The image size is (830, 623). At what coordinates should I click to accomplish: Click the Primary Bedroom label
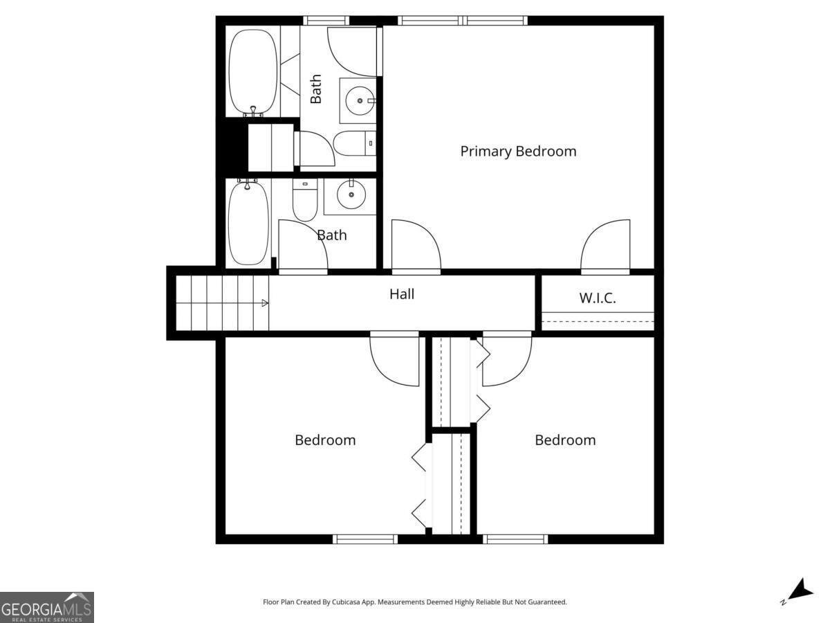518,152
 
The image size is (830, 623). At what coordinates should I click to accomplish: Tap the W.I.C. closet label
598,298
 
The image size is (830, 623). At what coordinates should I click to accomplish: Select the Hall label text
402,294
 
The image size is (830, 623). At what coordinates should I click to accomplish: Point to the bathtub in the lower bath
248,223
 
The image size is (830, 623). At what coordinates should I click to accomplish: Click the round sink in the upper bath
360,100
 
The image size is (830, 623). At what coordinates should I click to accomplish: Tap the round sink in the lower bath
351,195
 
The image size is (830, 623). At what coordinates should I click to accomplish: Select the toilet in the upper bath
355,143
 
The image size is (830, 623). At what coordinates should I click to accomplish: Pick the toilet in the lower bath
305,200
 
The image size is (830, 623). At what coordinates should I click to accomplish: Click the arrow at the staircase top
265,303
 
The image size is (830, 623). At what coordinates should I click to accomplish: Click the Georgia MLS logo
47,607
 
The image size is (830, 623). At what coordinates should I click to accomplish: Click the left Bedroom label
325,440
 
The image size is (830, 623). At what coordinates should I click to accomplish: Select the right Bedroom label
565,440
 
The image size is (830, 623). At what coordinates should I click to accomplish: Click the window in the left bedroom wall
365,539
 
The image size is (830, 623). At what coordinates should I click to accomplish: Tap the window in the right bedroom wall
515,539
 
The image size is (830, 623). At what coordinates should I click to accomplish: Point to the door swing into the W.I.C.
605,246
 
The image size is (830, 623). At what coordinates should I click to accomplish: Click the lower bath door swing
303,246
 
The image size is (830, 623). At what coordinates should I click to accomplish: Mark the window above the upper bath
326,21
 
